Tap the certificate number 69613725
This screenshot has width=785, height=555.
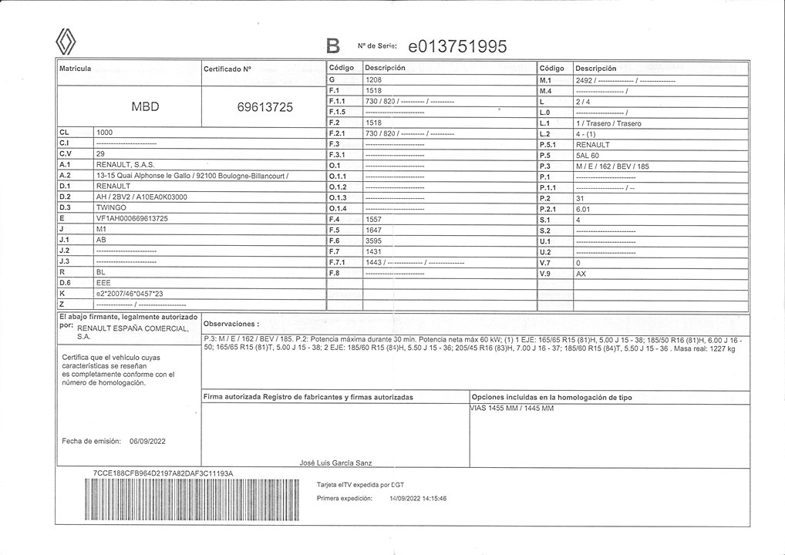click(265, 107)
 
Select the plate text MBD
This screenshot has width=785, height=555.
click(145, 106)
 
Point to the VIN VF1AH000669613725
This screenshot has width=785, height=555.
click(132, 219)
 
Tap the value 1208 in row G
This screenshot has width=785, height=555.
click(374, 79)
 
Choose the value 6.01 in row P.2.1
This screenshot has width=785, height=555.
click(584, 208)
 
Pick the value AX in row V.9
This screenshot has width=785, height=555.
click(581, 273)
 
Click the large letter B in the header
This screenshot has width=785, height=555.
click(333, 47)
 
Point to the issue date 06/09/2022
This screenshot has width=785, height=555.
click(147, 441)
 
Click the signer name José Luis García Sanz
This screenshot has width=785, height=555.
click(335, 462)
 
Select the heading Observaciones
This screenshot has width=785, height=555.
click(231, 325)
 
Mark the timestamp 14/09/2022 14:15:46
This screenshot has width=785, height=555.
click(418, 499)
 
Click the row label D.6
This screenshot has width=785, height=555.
click(65, 283)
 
